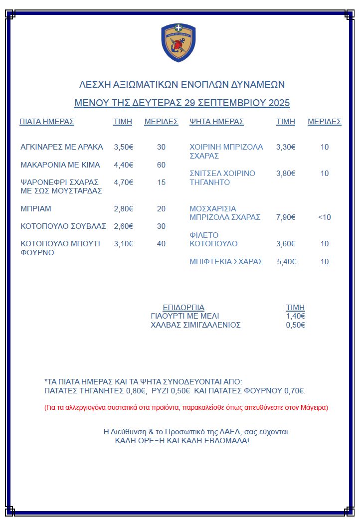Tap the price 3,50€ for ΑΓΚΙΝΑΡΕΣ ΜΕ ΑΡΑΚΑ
point(124,147)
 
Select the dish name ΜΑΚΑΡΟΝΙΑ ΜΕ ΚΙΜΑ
point(60,165)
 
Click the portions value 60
point(161,165)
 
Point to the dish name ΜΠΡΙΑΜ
point(36,209)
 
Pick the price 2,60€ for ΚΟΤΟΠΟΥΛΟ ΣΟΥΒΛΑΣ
point(124,226)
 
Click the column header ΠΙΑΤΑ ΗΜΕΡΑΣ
point(47,122)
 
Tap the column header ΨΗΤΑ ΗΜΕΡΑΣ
point(216,122)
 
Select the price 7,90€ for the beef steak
point(286,217)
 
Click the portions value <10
point(324,217)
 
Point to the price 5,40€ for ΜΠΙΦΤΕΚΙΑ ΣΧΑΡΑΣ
point(287,262)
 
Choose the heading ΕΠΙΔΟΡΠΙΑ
point(183,308)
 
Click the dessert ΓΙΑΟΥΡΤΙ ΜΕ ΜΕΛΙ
point(185,316)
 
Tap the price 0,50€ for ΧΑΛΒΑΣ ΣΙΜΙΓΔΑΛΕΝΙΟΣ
point(295,325)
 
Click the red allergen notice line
point(186,408)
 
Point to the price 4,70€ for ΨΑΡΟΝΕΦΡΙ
point(124,182)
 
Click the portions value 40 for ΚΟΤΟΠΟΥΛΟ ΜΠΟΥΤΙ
point(161,244)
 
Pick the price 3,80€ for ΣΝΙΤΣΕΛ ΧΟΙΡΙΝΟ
point(286,174)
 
